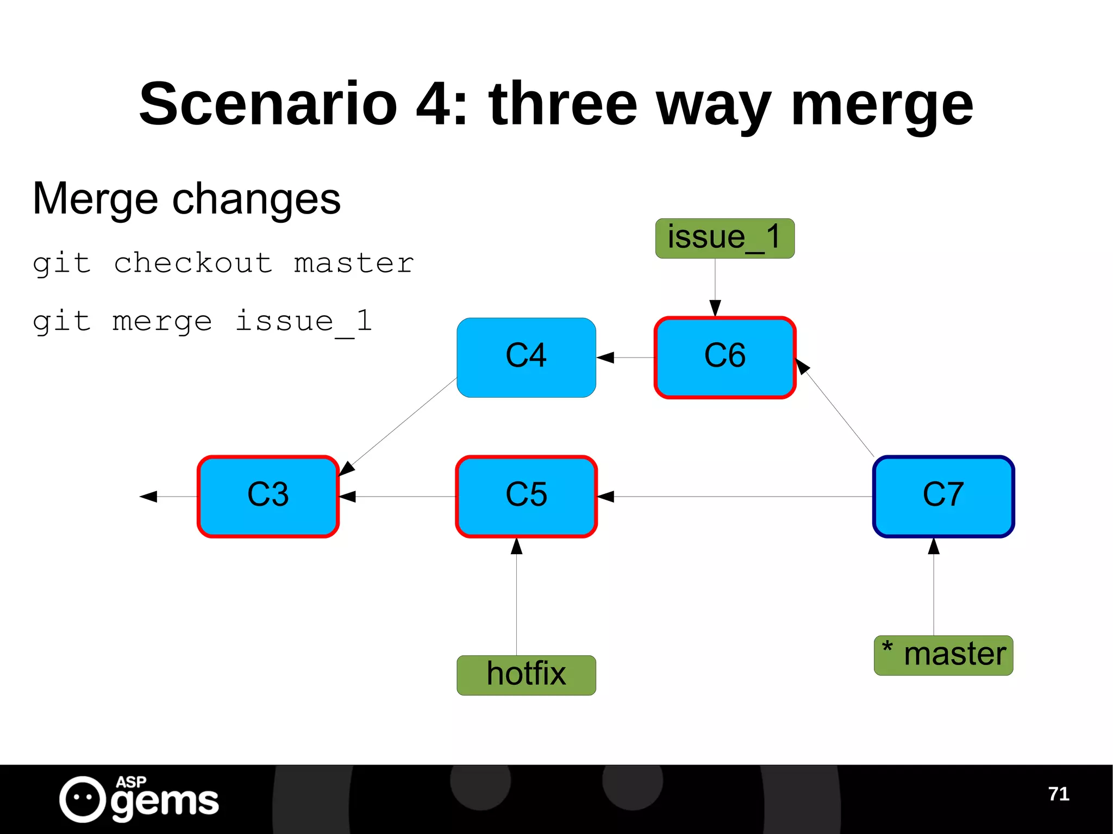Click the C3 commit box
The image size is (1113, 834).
click(x=268, y=496)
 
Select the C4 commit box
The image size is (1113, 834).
click(x=526, y=357)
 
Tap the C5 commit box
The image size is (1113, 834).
click(x=526, y=496)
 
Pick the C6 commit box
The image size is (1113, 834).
click(x=725, y=357)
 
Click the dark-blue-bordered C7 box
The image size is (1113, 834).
click(x=943, y=496)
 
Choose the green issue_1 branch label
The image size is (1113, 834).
click(x=724, y=238)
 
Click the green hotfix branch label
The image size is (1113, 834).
click(x=526, y=675)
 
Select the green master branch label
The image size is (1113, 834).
click(x=943, y=655)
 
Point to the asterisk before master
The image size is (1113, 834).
click(x=887, y=647)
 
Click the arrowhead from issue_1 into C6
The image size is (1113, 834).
click(x=715, y=308)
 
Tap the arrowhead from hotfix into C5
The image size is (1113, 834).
click(x=516, y=546)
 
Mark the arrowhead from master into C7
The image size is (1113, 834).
click(x=934, y=546)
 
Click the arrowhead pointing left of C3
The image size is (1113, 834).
click(x=148, y=496)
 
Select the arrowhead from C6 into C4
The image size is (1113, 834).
click(x=605, y=357)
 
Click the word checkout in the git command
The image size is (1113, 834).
click(x=193, y=264)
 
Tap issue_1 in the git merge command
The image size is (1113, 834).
click(x=304, y=321)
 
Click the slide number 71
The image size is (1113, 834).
click(x=1058, y=794)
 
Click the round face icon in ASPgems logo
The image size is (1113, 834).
click(x=83, y=799)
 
